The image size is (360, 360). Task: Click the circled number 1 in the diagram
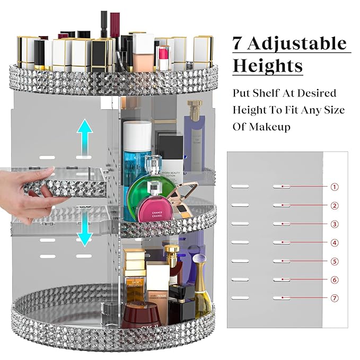334,187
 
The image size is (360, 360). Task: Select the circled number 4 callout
334,243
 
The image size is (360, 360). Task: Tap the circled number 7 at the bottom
334,298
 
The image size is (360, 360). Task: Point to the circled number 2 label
334,206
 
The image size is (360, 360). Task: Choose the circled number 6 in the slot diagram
334,280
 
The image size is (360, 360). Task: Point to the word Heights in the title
268,66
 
